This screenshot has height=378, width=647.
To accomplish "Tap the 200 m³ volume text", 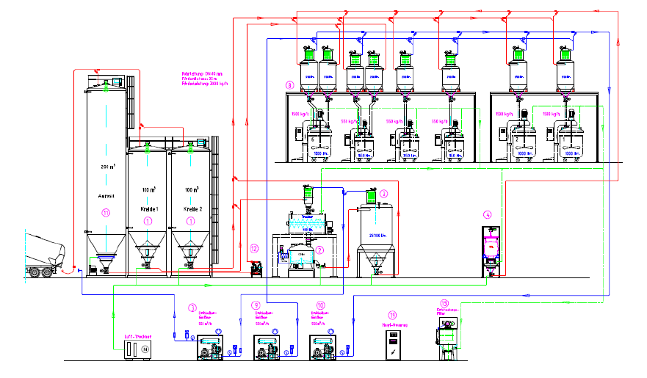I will click(x=106, y=167).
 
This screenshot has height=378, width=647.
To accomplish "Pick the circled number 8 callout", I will click(x=290, y=86).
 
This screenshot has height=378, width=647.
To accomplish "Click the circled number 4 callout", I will click(x=487, y=215).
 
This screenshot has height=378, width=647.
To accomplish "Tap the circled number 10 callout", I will click(x=320, y=304).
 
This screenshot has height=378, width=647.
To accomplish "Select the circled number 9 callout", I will click(x=256, y=304).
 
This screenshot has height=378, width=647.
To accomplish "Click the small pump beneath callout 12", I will click(x=256, y=269).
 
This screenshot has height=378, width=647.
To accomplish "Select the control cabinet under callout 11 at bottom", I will click(x=395, y=346).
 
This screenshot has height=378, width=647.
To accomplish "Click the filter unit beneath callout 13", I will click(x=447, y=341).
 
